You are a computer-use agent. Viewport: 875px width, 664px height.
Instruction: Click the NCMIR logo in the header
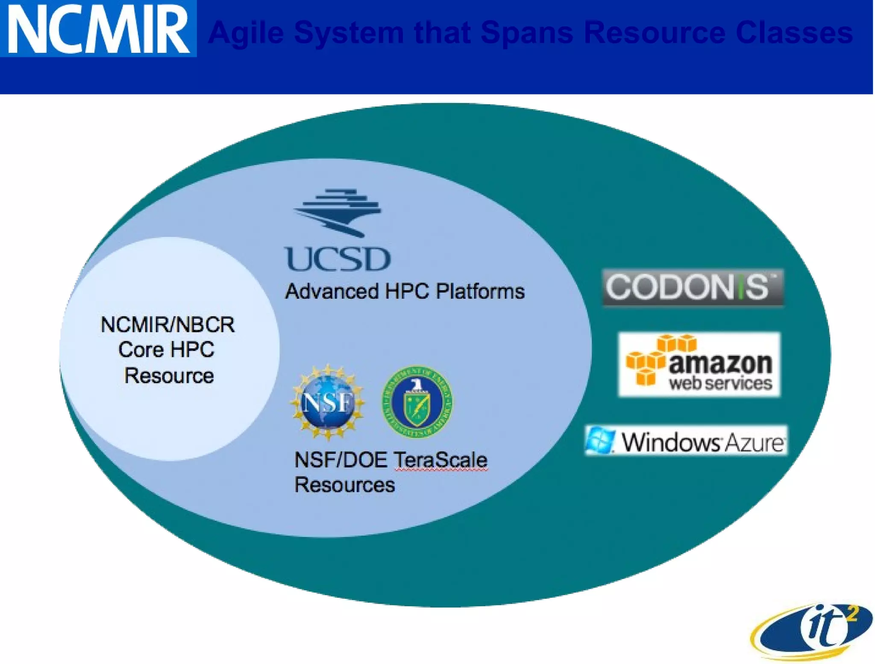click(x=98, y=29)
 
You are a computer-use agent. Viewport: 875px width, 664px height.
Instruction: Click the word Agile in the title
click(x=246, y=33)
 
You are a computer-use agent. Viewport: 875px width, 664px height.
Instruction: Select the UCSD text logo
click(x=338, y=259)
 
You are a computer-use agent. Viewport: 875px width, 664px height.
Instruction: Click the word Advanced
click(x=332, y=292)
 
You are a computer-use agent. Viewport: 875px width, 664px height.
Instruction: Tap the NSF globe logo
click(x=328, y=402)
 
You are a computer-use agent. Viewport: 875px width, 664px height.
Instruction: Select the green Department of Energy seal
click(x=417, y=402)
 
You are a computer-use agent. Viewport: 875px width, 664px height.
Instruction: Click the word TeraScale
click(x=440, y=460)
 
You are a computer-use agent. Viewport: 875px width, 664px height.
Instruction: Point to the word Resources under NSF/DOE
click(x=344, y=485)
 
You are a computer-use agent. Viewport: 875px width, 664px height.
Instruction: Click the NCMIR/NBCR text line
click(x=167, y=325)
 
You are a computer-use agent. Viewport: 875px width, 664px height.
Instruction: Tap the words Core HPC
click(x=166, y=350)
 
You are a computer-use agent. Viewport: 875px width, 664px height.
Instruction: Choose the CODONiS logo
click(x=693, y=287)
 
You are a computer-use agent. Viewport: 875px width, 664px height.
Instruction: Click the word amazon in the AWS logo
click(x=720, y=364)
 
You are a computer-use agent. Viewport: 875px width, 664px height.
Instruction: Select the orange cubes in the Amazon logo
click(x=654, y=359)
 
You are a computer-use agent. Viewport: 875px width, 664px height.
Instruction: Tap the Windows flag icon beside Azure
click(x=600, y=440)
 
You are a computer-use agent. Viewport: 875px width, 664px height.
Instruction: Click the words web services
click(x=720, y=383)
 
